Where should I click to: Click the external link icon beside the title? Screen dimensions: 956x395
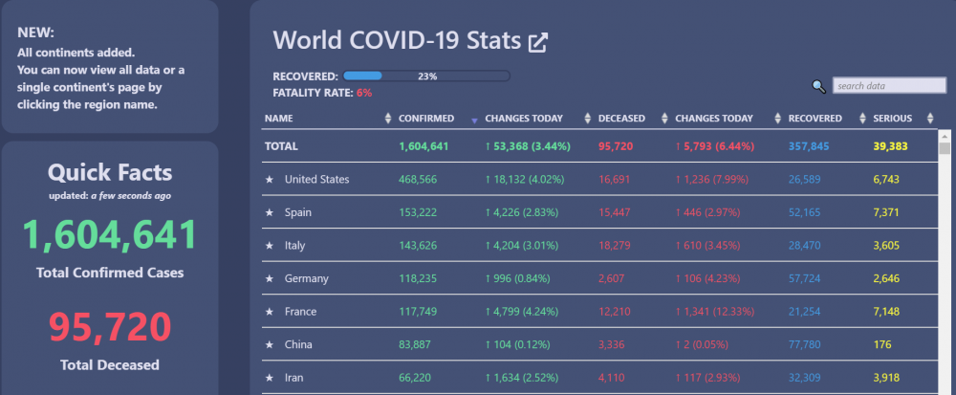coord(537,43)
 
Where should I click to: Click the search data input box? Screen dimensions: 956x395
coord(889,86)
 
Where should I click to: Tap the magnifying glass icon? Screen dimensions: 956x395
coord(819,87)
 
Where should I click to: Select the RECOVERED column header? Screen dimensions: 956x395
coord(815,119)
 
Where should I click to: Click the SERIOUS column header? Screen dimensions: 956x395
coord(893,119)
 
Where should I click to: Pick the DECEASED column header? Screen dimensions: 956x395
coord(622,119)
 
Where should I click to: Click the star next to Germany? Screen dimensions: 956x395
coord(270,278)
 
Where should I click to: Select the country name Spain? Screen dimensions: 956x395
coord(298,212)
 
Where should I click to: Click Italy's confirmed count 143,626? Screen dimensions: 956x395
coord(418,246)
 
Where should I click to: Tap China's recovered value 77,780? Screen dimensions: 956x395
coord(804,344)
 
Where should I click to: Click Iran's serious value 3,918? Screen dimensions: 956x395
coord(886,378)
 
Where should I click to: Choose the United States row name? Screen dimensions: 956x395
coord(317,179)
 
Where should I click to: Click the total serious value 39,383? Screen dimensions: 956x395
coord(891,146)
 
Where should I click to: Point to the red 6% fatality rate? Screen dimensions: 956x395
coord(364,93)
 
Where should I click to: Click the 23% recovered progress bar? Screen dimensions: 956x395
coord(426,77)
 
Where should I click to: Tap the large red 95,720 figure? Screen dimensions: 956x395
coord(110,327)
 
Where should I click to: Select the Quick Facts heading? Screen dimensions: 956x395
coord(110,173)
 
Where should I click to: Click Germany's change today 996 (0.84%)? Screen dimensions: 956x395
coord(517,278)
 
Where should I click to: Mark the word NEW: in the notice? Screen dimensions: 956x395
coord(36,33)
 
